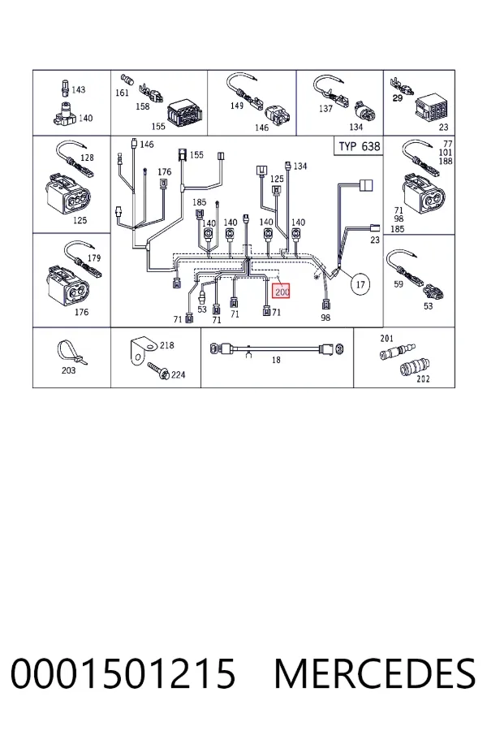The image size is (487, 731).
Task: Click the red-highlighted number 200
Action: [282, 292]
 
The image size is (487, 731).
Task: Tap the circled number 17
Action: [360, 284]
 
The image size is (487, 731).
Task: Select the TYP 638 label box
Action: [359, 146]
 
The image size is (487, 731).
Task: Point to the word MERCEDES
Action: [375, 673]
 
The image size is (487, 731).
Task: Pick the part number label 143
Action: [78, 89]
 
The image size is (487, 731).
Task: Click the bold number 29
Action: [397, 98]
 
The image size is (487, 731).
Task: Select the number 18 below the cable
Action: [276, 360]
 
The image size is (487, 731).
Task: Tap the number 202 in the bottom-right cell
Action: [423, 379]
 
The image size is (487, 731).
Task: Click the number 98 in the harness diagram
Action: [325, 318]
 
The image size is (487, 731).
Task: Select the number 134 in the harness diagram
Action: [300, 166]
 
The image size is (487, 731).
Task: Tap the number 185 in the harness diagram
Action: [199, 202]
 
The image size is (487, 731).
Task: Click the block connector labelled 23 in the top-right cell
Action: [432, 107]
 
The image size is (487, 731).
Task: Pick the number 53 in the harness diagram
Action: [202, 309]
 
